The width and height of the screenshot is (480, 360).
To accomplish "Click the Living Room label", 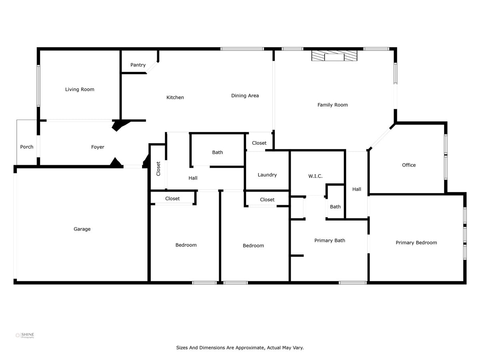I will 80,90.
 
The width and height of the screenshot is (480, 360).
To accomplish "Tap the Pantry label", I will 138,65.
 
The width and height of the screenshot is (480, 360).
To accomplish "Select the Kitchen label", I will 175,98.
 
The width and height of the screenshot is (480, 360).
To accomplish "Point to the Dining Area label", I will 245,96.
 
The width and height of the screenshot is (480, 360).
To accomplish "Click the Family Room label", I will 332,105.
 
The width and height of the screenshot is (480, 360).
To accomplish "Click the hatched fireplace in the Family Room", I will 334,56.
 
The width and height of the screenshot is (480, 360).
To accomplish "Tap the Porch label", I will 27,147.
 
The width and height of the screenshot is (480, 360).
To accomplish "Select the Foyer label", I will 98,147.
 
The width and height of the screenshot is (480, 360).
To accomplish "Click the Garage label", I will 82,229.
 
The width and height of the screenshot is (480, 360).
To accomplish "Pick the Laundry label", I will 267,175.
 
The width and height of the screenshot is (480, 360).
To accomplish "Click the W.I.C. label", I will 315,176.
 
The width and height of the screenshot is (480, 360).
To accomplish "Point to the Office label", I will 409,165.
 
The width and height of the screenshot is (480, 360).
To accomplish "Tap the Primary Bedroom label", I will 416,243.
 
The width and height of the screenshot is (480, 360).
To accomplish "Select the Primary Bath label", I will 330,240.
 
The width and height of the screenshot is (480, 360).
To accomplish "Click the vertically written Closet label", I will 158,168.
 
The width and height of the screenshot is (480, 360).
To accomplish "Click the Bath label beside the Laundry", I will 218,152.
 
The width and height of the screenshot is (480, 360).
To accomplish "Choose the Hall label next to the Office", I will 357,189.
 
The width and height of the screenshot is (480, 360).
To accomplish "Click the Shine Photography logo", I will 25,336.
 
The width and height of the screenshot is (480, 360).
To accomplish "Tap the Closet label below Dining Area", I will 259,143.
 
